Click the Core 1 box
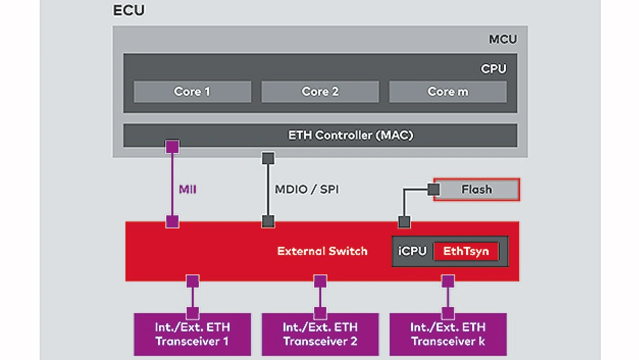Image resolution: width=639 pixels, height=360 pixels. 192,92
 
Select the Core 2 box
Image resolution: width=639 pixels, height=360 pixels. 320,92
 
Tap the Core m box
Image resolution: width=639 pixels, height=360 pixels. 448,92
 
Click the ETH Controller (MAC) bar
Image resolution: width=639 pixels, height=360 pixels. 320,135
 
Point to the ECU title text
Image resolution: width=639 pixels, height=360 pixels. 128,10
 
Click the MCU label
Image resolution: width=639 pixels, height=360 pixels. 502,39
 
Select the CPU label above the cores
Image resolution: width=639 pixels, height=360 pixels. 493,69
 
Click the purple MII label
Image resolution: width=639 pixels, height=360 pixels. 187,190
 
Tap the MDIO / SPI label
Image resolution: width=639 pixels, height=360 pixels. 307,190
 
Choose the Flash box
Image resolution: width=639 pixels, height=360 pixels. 476,190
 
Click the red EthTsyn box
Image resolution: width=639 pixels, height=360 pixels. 465,251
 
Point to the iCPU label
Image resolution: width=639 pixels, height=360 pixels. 412,251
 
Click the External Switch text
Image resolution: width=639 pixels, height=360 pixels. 322,251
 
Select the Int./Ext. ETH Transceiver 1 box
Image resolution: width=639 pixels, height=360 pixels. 192,335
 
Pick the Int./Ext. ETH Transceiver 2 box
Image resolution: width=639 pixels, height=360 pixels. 320,335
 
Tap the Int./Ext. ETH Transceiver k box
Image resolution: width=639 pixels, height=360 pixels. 448,335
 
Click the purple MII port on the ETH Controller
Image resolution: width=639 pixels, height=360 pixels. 172,147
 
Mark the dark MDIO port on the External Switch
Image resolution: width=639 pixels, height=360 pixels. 268,221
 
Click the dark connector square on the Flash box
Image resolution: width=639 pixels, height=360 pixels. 433,190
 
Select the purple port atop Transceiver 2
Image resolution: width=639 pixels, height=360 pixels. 320,313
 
